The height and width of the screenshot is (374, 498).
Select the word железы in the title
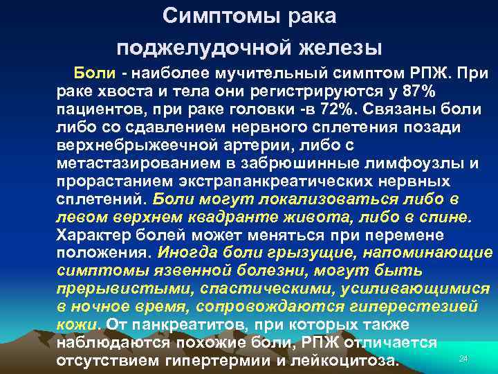pyautogui.click(x=340, y=47)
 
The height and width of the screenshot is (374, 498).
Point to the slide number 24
pyautogui.click(x=463, y=358)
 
